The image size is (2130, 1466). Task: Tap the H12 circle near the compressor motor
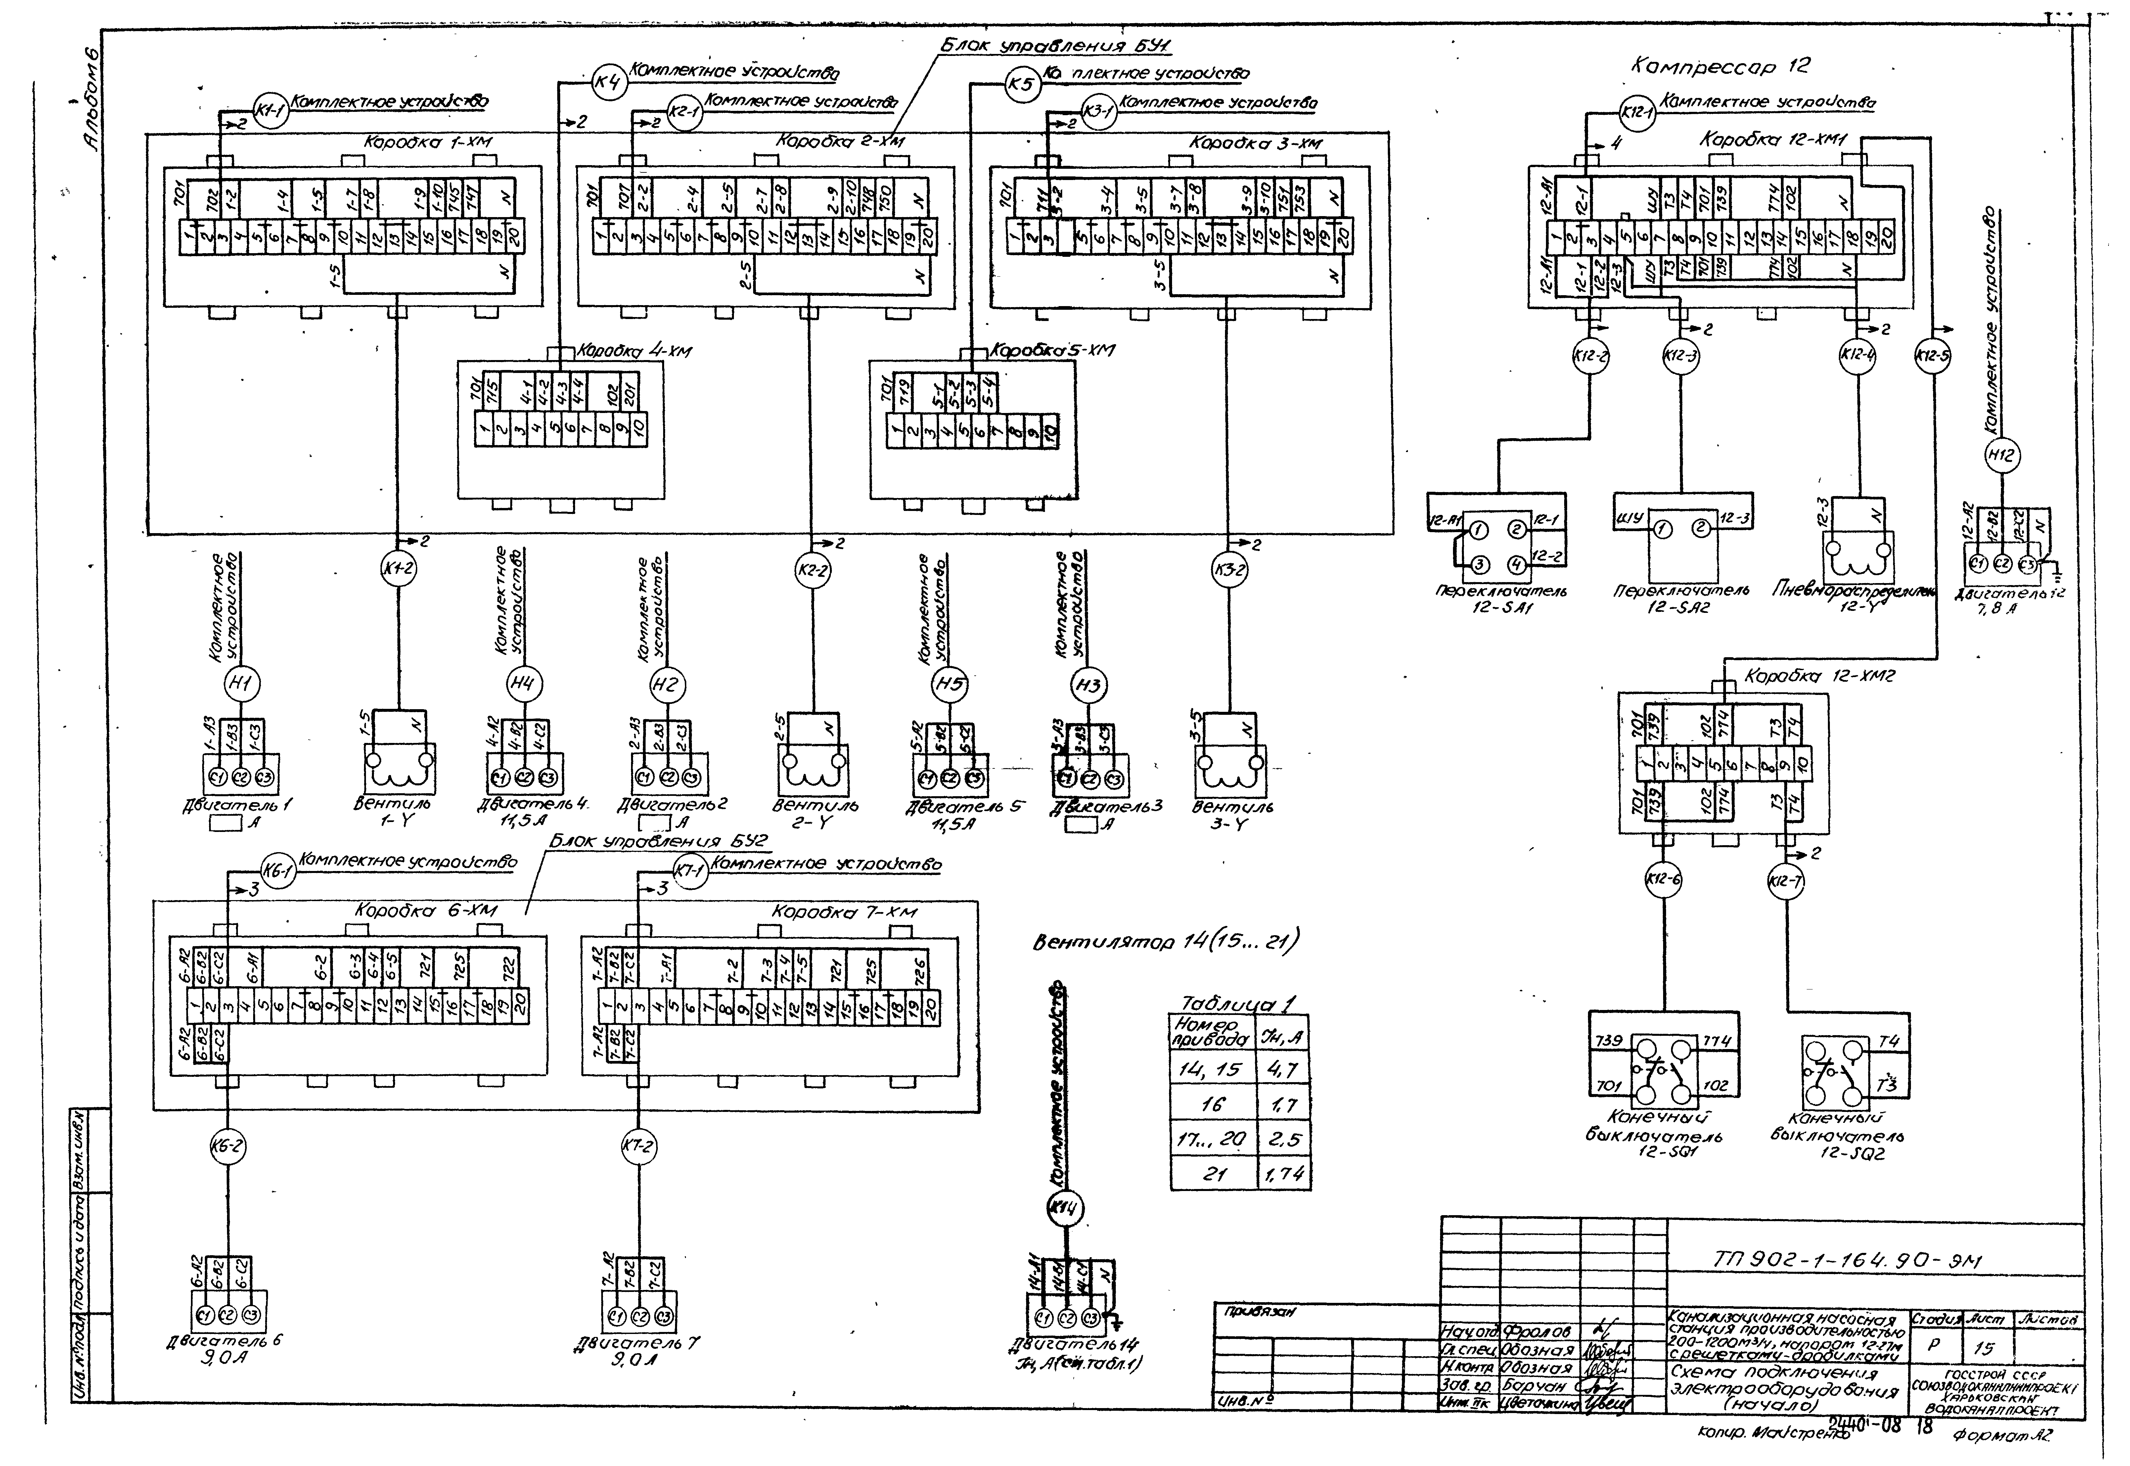pos(2003,455)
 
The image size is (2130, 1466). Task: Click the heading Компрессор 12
pos(1720,66)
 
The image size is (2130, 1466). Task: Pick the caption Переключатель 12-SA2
pos(1681,599)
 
